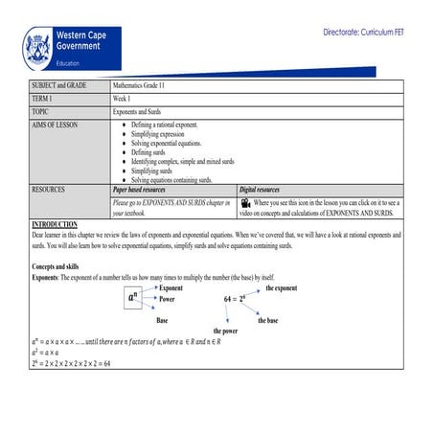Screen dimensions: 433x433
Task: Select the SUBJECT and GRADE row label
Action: [x=59, y=85]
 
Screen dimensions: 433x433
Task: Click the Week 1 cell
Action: [x=122, y=98]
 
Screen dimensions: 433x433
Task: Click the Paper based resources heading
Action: [x=146, y=190]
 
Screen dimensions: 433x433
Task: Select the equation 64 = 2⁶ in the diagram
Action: [x=236, y=299]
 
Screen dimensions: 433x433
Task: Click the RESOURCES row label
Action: [x=49, y=190]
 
